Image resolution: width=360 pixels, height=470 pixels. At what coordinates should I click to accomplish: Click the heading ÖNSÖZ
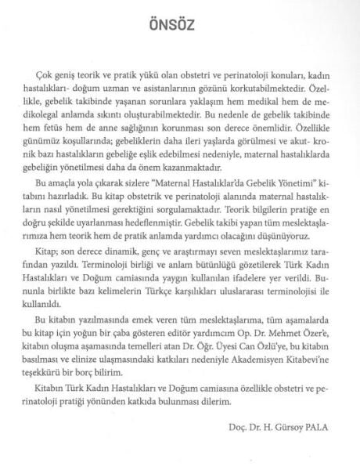pyautogui.click(x=179, y=25)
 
